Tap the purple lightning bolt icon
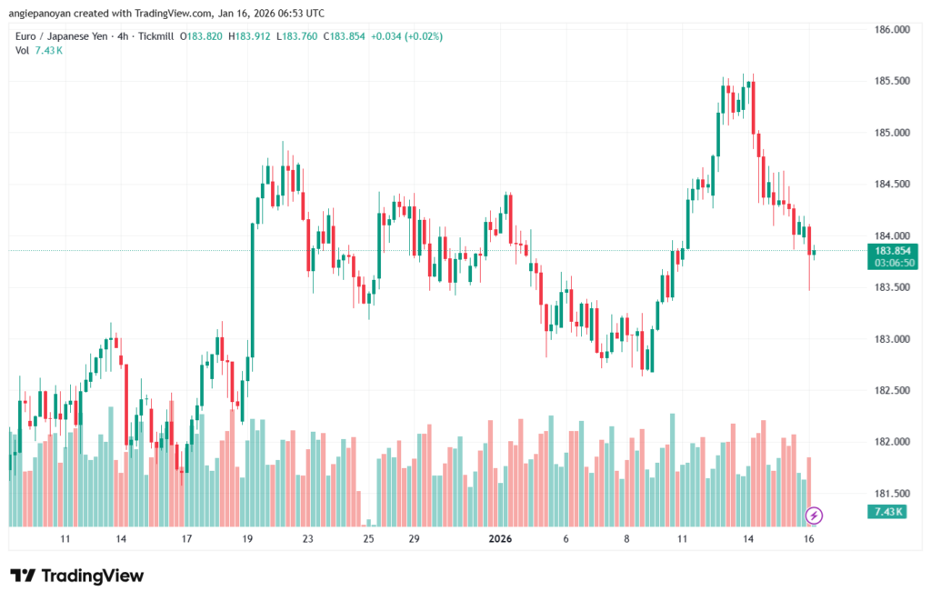(815, 516)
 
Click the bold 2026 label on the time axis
(500, 539)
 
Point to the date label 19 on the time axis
(247, 539)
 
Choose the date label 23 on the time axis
(308, 539)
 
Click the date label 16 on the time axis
(808, 539)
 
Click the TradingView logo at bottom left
(77, 576)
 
